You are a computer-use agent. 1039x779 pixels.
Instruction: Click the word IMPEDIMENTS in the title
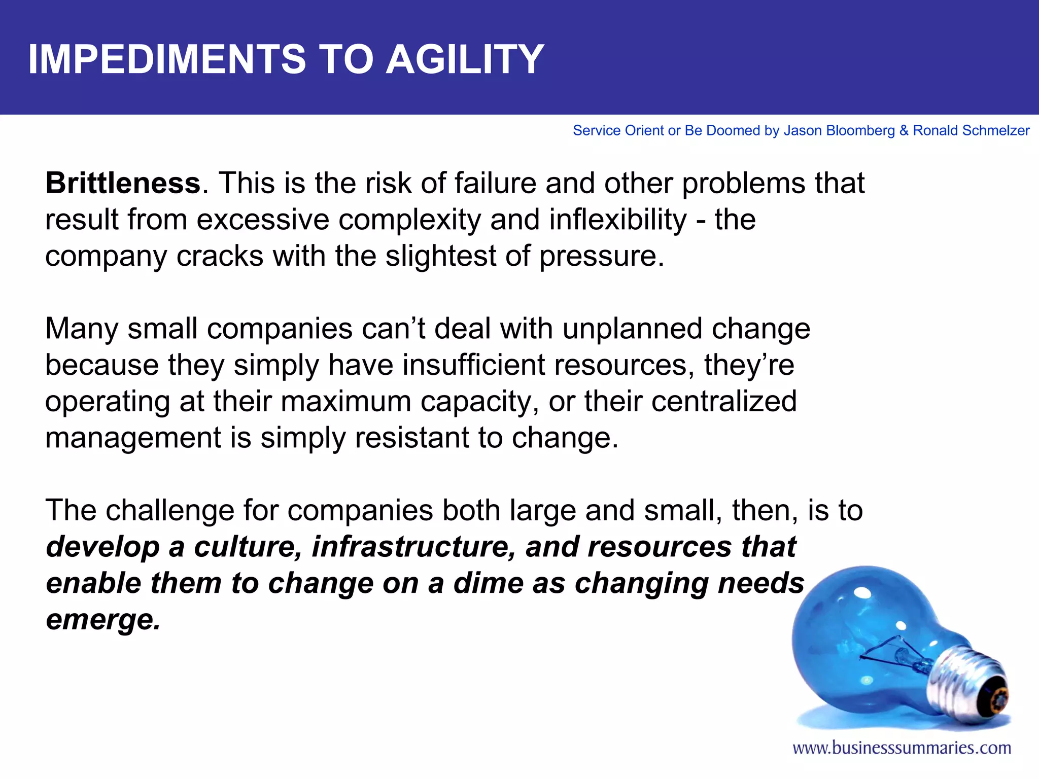[x=167, y=59]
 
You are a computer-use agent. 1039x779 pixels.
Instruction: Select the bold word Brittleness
[x=123, y=183]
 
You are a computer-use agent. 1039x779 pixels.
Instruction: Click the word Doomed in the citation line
[x=733, y=131]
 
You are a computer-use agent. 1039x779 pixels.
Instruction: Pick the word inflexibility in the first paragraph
[x=618, y=220]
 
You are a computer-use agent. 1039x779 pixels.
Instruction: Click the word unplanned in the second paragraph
[x=632, y=329]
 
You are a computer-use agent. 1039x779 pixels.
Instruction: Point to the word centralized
[x=723, y=401]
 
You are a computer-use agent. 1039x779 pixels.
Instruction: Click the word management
[x=133, y=438]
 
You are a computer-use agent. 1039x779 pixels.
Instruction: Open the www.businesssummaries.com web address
[x=902, y=748]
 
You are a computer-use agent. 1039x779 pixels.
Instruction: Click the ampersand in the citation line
[x=904, y=131]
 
